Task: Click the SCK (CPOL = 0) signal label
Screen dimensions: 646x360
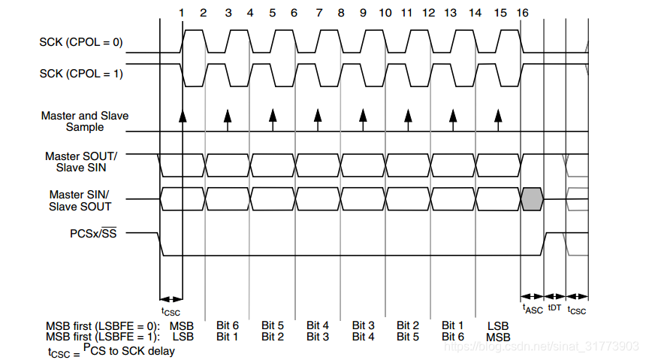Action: tap(80, 43)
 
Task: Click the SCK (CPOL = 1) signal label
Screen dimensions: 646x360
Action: tap(80, 74)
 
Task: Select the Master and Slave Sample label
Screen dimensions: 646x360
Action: tap(84, 121)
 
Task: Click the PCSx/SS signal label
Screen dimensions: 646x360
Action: tap(94, 233)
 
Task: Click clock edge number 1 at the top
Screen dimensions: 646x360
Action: tap(181, 13)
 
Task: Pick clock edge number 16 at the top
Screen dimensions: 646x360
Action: tap(522, 13)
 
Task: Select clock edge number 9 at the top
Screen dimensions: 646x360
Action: tap(363, 13)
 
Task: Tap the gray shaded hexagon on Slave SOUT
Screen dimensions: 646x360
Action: tap(531, 198)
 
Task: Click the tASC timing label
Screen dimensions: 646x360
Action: tap(532, 307)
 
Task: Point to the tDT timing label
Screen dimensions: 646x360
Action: tap(554, 307)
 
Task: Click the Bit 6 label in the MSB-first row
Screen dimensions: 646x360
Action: tap(227, 325)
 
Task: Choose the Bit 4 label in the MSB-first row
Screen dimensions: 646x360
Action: tap(318, 325)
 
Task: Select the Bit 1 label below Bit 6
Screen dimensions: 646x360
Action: tap(227, 337)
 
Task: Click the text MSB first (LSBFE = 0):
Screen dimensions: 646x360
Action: tap(104, 325)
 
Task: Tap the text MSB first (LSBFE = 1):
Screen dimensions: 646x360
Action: tap(104, 337)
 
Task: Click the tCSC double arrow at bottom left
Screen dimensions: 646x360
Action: tap(171, 298)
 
